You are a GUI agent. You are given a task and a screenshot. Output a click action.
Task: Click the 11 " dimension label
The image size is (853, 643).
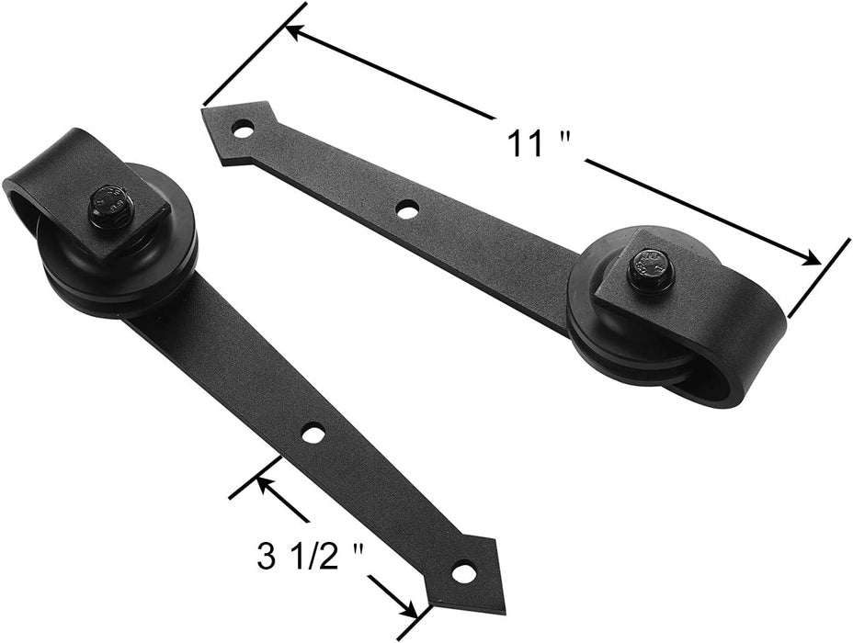[x=540, y=144]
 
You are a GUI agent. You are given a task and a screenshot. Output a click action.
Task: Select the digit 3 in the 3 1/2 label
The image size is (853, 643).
[x=267, y=558]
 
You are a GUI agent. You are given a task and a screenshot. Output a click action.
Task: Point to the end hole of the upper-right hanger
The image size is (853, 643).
[x=244, y=130]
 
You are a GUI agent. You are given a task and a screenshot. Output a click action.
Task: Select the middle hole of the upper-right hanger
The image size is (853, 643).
[x=407, y=209]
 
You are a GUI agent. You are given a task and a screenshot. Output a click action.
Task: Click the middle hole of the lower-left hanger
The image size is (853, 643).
[x=313, y=434]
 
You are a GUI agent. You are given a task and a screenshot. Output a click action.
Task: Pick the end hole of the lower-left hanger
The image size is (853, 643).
[x=462, y=572]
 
